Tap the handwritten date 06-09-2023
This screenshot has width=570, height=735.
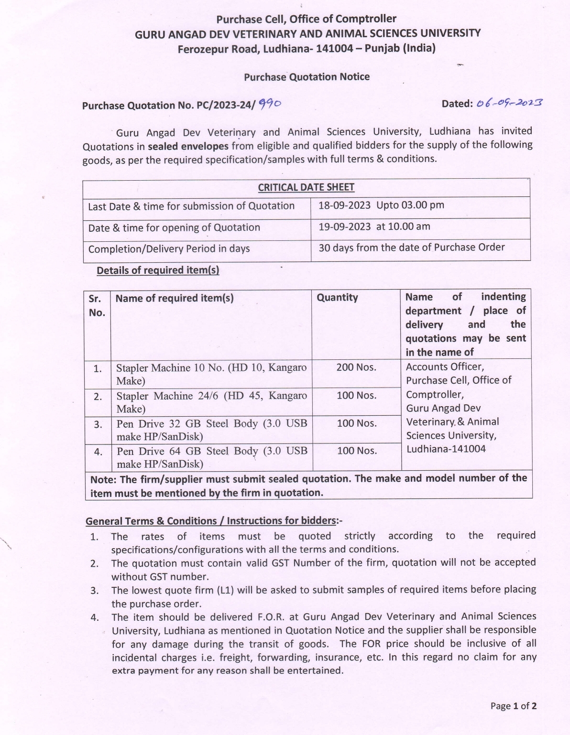click(x=509, y=103)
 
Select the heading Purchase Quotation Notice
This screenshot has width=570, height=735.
click(x=307, y=77)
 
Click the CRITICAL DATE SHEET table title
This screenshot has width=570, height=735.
click(x=306, y=187)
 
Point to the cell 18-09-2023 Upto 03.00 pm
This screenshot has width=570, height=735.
click(x=381, y=205)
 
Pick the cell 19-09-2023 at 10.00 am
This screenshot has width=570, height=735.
click(x=374, y=227)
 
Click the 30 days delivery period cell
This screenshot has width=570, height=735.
click(x=411, y=248)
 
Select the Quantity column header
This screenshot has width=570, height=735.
click(x=337, y=298)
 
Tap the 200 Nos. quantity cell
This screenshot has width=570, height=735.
click(x=356, y=367)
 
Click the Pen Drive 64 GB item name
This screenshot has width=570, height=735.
click(x=211, y=457)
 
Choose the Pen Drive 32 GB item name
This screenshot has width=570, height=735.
click(x=211, y=430)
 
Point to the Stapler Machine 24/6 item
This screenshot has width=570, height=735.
click(x=211, y=402)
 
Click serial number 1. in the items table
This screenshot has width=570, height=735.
click(x=98, y=369)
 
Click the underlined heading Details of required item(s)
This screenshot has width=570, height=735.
click(x=158, y=270)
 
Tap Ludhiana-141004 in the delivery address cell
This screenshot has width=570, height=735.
click(x=446, y=449)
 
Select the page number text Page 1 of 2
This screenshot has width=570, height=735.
click(x=513, y=706)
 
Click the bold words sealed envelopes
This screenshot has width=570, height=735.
click(x=188, y=146)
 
